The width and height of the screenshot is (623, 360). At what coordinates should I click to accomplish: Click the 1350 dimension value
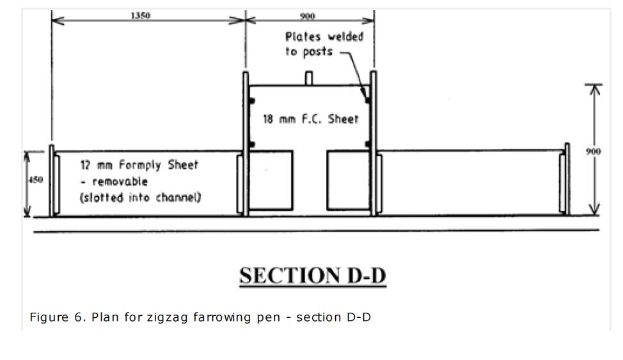[140, 16]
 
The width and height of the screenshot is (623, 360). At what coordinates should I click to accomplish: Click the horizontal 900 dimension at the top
[308, 16]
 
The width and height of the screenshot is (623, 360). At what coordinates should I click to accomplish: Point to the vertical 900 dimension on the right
[594, 151]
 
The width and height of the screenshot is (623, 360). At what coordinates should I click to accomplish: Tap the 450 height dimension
[36, 180]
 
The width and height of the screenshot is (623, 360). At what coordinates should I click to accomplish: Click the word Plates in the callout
[304, 36]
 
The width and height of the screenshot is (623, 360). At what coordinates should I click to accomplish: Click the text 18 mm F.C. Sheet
[311, 119]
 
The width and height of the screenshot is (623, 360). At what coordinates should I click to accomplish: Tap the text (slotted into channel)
[140, 197]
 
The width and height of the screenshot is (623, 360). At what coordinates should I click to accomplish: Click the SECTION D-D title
[313, 275]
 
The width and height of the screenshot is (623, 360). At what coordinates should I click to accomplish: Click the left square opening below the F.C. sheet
[271, 180]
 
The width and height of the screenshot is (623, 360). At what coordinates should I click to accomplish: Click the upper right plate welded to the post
[368, 99]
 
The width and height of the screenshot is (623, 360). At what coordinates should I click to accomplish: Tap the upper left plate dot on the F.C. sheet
[252, 100]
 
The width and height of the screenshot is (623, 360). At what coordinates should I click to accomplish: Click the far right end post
[565, 180]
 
